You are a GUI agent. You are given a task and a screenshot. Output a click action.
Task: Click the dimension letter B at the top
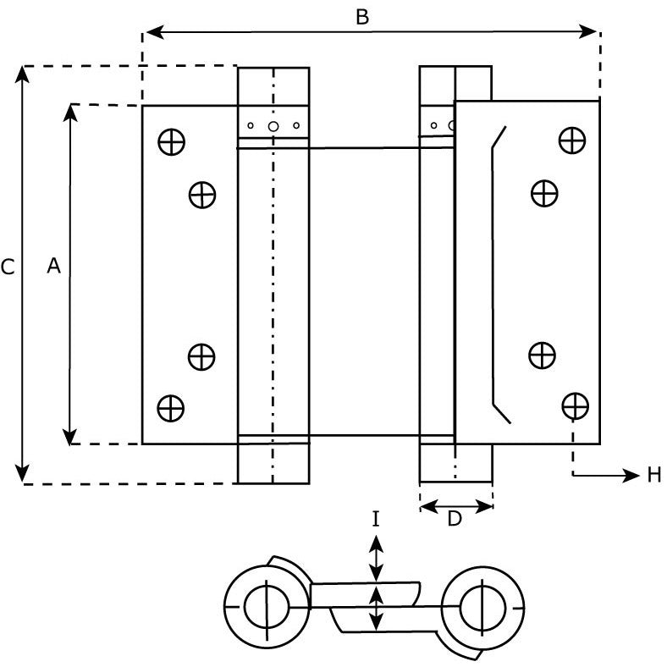coord(362,18)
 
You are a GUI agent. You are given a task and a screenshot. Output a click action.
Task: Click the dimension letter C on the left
coord(8,267)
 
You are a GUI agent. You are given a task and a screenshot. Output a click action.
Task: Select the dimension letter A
coord(53,266)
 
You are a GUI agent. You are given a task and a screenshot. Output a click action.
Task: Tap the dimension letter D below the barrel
coord(455,519)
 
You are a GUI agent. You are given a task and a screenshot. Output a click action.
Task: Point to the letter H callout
coord(654,475)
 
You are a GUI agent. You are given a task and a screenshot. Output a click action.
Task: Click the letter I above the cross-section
coord(375,520)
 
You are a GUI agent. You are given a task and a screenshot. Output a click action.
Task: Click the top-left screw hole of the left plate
coord(172,141)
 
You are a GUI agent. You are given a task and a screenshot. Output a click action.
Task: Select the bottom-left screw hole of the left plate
coord(171,408)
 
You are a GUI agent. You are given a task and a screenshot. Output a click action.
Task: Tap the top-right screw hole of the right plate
coord(572,141)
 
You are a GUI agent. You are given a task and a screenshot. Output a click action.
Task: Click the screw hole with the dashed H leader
coord(575,405)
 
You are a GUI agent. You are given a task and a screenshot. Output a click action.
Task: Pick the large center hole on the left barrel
coord(273,126)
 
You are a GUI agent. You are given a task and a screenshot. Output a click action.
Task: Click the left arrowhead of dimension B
coord(155,32)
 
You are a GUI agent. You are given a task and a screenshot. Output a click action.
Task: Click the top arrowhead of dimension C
coord(23,74)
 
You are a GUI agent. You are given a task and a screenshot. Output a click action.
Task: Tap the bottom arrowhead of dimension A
coord(69,437)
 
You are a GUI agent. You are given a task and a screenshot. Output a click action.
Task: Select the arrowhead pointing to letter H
coord(631,475)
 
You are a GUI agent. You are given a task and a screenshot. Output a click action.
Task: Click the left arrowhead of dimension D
coord(429,507)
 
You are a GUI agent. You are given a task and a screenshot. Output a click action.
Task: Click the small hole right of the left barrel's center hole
coord(296,125)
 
